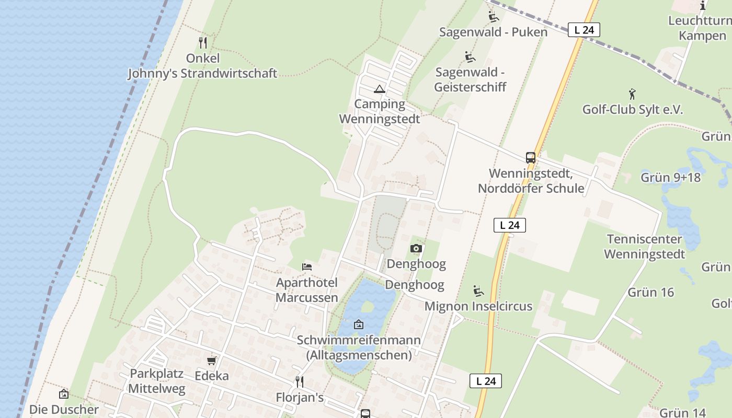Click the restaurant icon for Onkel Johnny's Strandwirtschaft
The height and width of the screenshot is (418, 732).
coord(203,43)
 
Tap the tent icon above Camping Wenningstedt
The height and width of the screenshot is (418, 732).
coord(380,89)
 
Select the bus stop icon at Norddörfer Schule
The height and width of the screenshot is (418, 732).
coord(530,157)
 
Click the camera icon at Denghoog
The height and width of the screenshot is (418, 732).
coord(416,249)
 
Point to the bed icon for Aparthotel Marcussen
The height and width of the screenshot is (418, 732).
coord(307,267)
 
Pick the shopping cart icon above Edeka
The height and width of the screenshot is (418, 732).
coord(212,361)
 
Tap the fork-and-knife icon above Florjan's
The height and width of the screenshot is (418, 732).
coord(300,382)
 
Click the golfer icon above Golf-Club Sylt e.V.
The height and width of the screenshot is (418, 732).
coord(632,95)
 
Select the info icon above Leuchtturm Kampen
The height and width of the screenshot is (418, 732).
coord(703,6)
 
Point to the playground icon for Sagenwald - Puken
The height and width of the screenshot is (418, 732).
coord(493,17)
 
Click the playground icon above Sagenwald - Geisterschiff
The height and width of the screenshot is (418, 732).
coord(470,57)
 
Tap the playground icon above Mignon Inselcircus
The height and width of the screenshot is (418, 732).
coord(478,291)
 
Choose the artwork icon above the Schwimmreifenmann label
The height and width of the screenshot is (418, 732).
coord(359,324)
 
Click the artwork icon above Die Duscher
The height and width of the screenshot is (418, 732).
coord(64,394)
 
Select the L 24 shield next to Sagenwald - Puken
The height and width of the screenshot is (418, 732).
coord(584,30)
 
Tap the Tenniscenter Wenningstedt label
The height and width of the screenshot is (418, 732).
coord(644,247)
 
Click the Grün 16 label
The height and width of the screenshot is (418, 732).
coord(650,292)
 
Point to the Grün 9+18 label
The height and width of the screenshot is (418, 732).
coord(670,177)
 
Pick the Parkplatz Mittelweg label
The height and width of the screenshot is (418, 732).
coord(156,381)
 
